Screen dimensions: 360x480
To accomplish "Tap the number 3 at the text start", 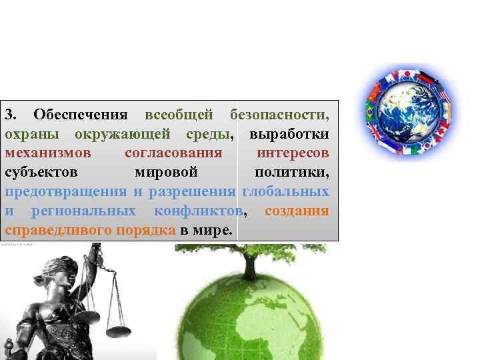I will pos(10,115).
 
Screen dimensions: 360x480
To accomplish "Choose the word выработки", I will pos(289,135).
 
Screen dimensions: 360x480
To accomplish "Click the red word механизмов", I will pos(43,154).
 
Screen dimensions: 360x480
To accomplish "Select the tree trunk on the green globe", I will pos(250,267).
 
